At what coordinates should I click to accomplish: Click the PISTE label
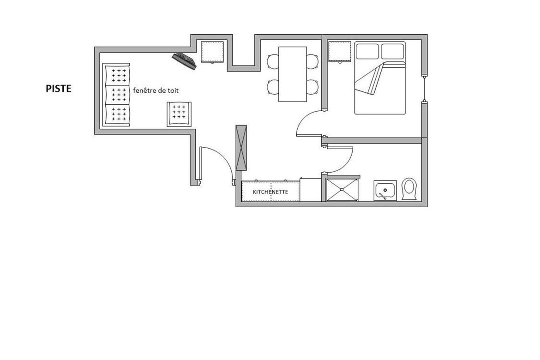pos(59,89)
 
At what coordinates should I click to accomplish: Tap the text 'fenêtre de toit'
pos(156,90)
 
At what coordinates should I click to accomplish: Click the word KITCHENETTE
pos(270,192)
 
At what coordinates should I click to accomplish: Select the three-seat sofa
pos(116,95)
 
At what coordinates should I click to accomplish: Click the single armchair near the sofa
pos(179,114)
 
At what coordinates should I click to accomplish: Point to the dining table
pos(293,74)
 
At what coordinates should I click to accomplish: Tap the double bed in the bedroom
pos(380,78)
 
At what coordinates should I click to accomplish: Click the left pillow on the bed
pos(367,51)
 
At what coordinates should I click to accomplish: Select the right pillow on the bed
pos(392,51)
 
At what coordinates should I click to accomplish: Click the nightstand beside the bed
pos(340,52)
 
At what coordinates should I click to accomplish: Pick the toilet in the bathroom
pos(409,189)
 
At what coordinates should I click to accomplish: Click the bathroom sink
pos(385,191)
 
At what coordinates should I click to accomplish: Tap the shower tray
pos(342,190)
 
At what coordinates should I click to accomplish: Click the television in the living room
pos(184,61)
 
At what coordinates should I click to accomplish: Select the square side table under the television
pos(212,52)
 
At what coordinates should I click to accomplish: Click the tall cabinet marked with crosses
pos(241,148)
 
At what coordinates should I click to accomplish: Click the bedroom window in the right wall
pos(425,89)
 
